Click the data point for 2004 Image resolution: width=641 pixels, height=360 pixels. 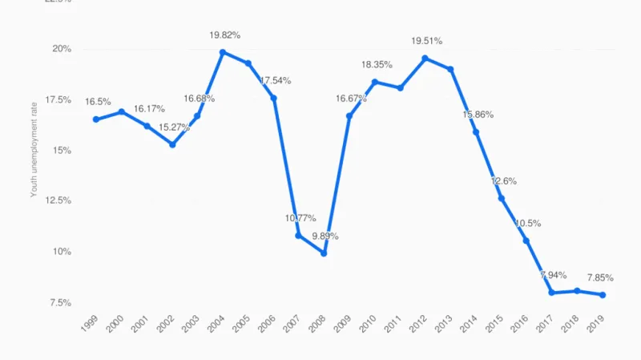223,52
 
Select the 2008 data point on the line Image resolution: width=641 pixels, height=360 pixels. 324,253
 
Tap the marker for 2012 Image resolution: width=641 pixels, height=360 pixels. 425,58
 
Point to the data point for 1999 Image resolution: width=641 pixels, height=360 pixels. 96,119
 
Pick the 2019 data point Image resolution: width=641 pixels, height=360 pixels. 602,295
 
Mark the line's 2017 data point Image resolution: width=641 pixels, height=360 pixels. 551,293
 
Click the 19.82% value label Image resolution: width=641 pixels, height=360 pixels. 224,35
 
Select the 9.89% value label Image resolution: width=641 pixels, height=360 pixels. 325,237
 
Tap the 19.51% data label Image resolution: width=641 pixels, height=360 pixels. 426,41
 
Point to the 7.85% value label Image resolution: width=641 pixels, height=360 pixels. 600,278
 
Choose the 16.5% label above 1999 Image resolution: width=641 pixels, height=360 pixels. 98,102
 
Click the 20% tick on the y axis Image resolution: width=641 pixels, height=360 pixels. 62,49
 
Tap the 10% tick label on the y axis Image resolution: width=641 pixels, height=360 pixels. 62,252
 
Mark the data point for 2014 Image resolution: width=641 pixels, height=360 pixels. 475,132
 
